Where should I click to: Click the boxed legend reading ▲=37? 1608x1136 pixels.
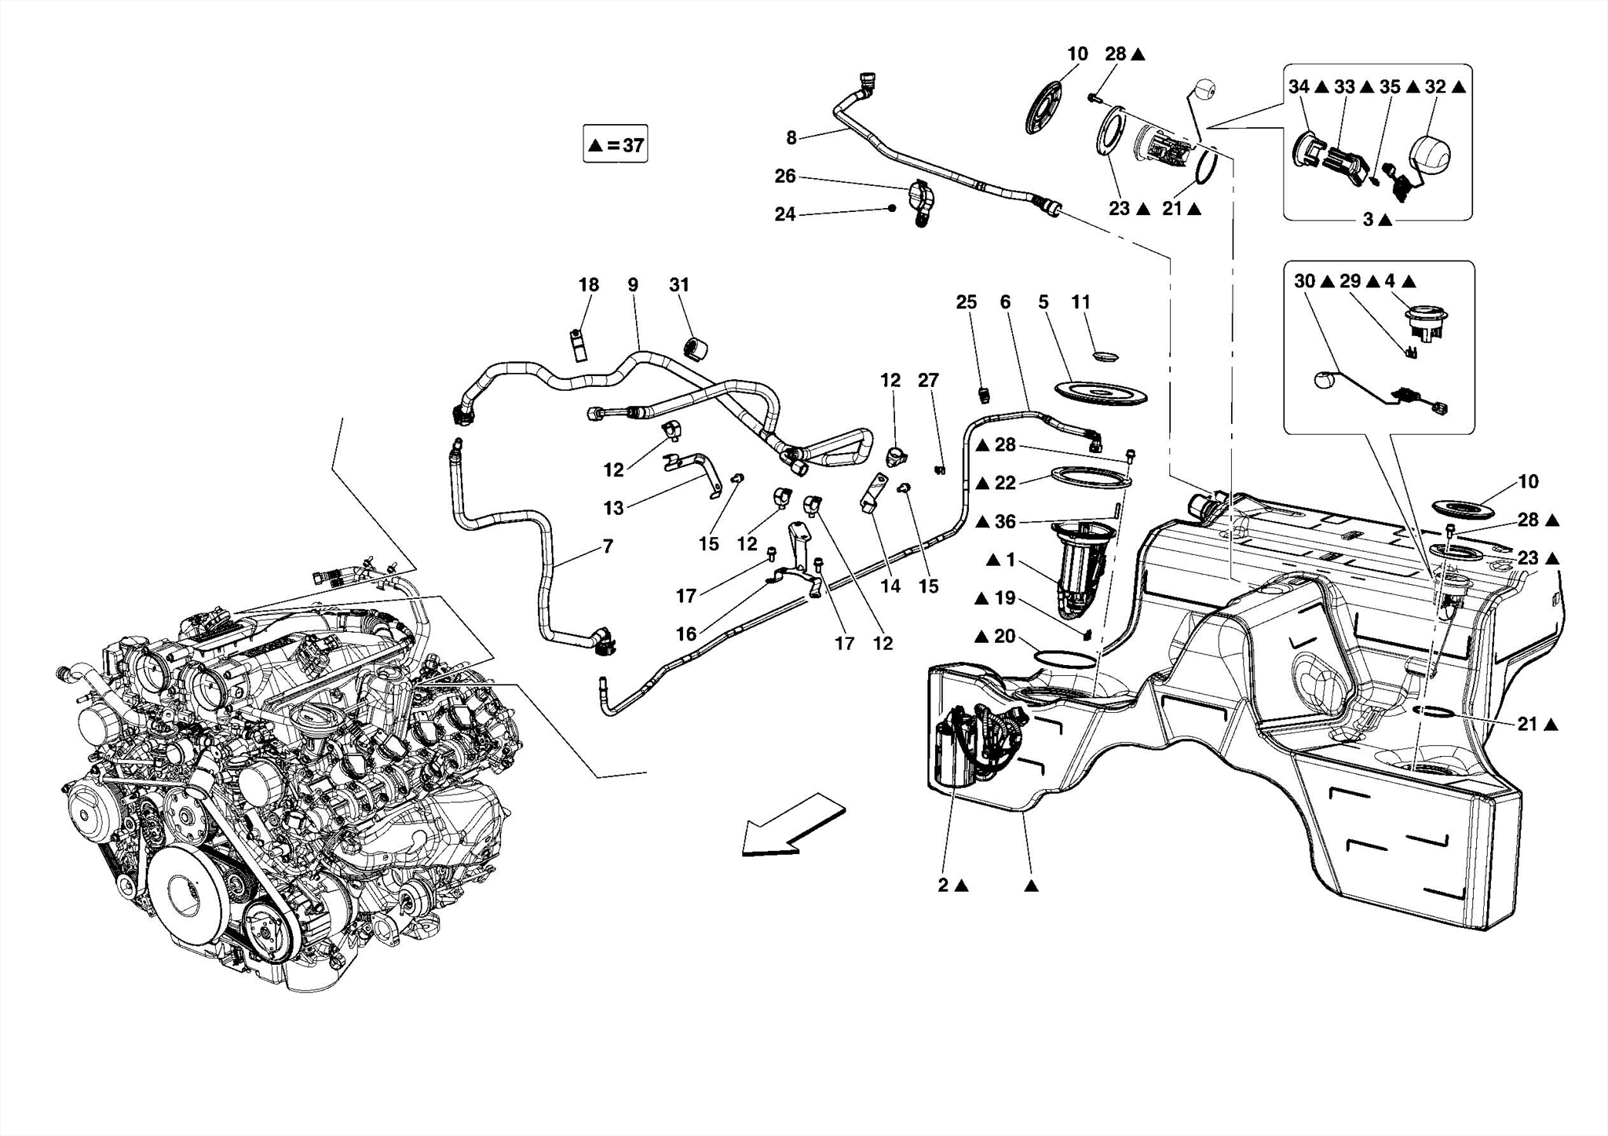click(615, 144)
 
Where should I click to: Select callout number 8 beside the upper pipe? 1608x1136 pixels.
click(791, 138)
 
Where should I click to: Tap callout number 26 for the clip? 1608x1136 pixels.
click(785, 177)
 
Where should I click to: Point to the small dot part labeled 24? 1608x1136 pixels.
click(892, 208)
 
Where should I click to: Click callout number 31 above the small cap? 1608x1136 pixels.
click(679, 285)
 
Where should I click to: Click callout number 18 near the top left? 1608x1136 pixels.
click(589, 285)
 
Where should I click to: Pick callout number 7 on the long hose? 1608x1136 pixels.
click(608, 546)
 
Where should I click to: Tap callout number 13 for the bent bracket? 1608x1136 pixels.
click(613, 508)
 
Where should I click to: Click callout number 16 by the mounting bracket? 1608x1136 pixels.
click(686, 634)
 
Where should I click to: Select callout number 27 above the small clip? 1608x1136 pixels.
click(928, 381)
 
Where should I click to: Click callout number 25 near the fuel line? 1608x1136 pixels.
click(967, 302)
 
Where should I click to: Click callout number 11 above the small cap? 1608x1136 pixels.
click(1081, 302)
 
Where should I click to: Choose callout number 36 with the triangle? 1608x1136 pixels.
click(1005, 522)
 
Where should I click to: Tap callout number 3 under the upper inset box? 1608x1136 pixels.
click(1368, 221)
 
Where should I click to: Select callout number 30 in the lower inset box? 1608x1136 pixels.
click(1304, 281)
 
